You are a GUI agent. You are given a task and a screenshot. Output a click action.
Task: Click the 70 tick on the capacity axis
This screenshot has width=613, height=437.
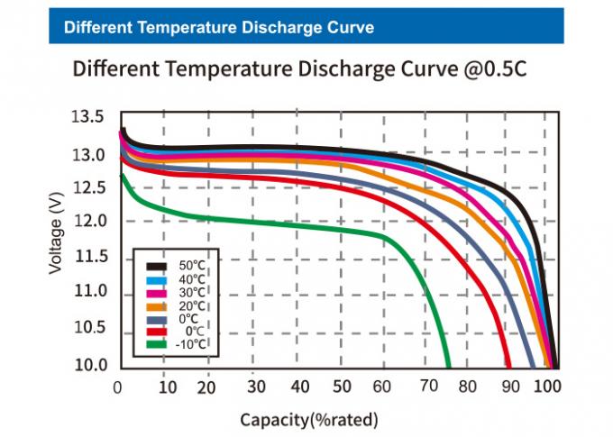(x=429, y=387)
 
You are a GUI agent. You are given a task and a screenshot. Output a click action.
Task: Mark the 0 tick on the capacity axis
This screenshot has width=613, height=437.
(x=119, y=387)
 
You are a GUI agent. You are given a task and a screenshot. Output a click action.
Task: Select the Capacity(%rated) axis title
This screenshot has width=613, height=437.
(x=308, y=420)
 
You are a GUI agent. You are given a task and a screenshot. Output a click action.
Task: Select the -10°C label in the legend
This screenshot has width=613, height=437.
(x=190, y=343)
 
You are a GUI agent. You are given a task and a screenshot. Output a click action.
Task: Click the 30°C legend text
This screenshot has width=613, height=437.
(x=190, y=293)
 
